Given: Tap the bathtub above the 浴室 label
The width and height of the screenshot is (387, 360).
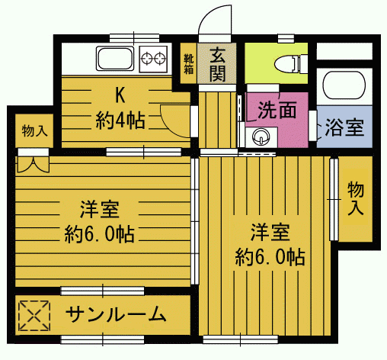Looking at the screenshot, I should [x=344, y=88].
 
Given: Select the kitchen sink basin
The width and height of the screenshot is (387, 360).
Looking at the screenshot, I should [x=116, y=58].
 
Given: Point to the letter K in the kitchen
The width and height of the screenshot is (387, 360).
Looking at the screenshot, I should [x=120, y=95].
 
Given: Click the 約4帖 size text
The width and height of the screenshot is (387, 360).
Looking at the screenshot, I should [x=121, y=119].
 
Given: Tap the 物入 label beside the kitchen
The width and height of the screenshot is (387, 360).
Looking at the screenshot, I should [x=34, y=130].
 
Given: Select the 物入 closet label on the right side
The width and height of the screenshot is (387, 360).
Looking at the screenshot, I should [x=355, y=198].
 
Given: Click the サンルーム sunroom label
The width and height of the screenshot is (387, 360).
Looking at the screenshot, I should [x=116, y=313].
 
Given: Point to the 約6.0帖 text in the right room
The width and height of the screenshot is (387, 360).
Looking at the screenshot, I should [x=270, y=256].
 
